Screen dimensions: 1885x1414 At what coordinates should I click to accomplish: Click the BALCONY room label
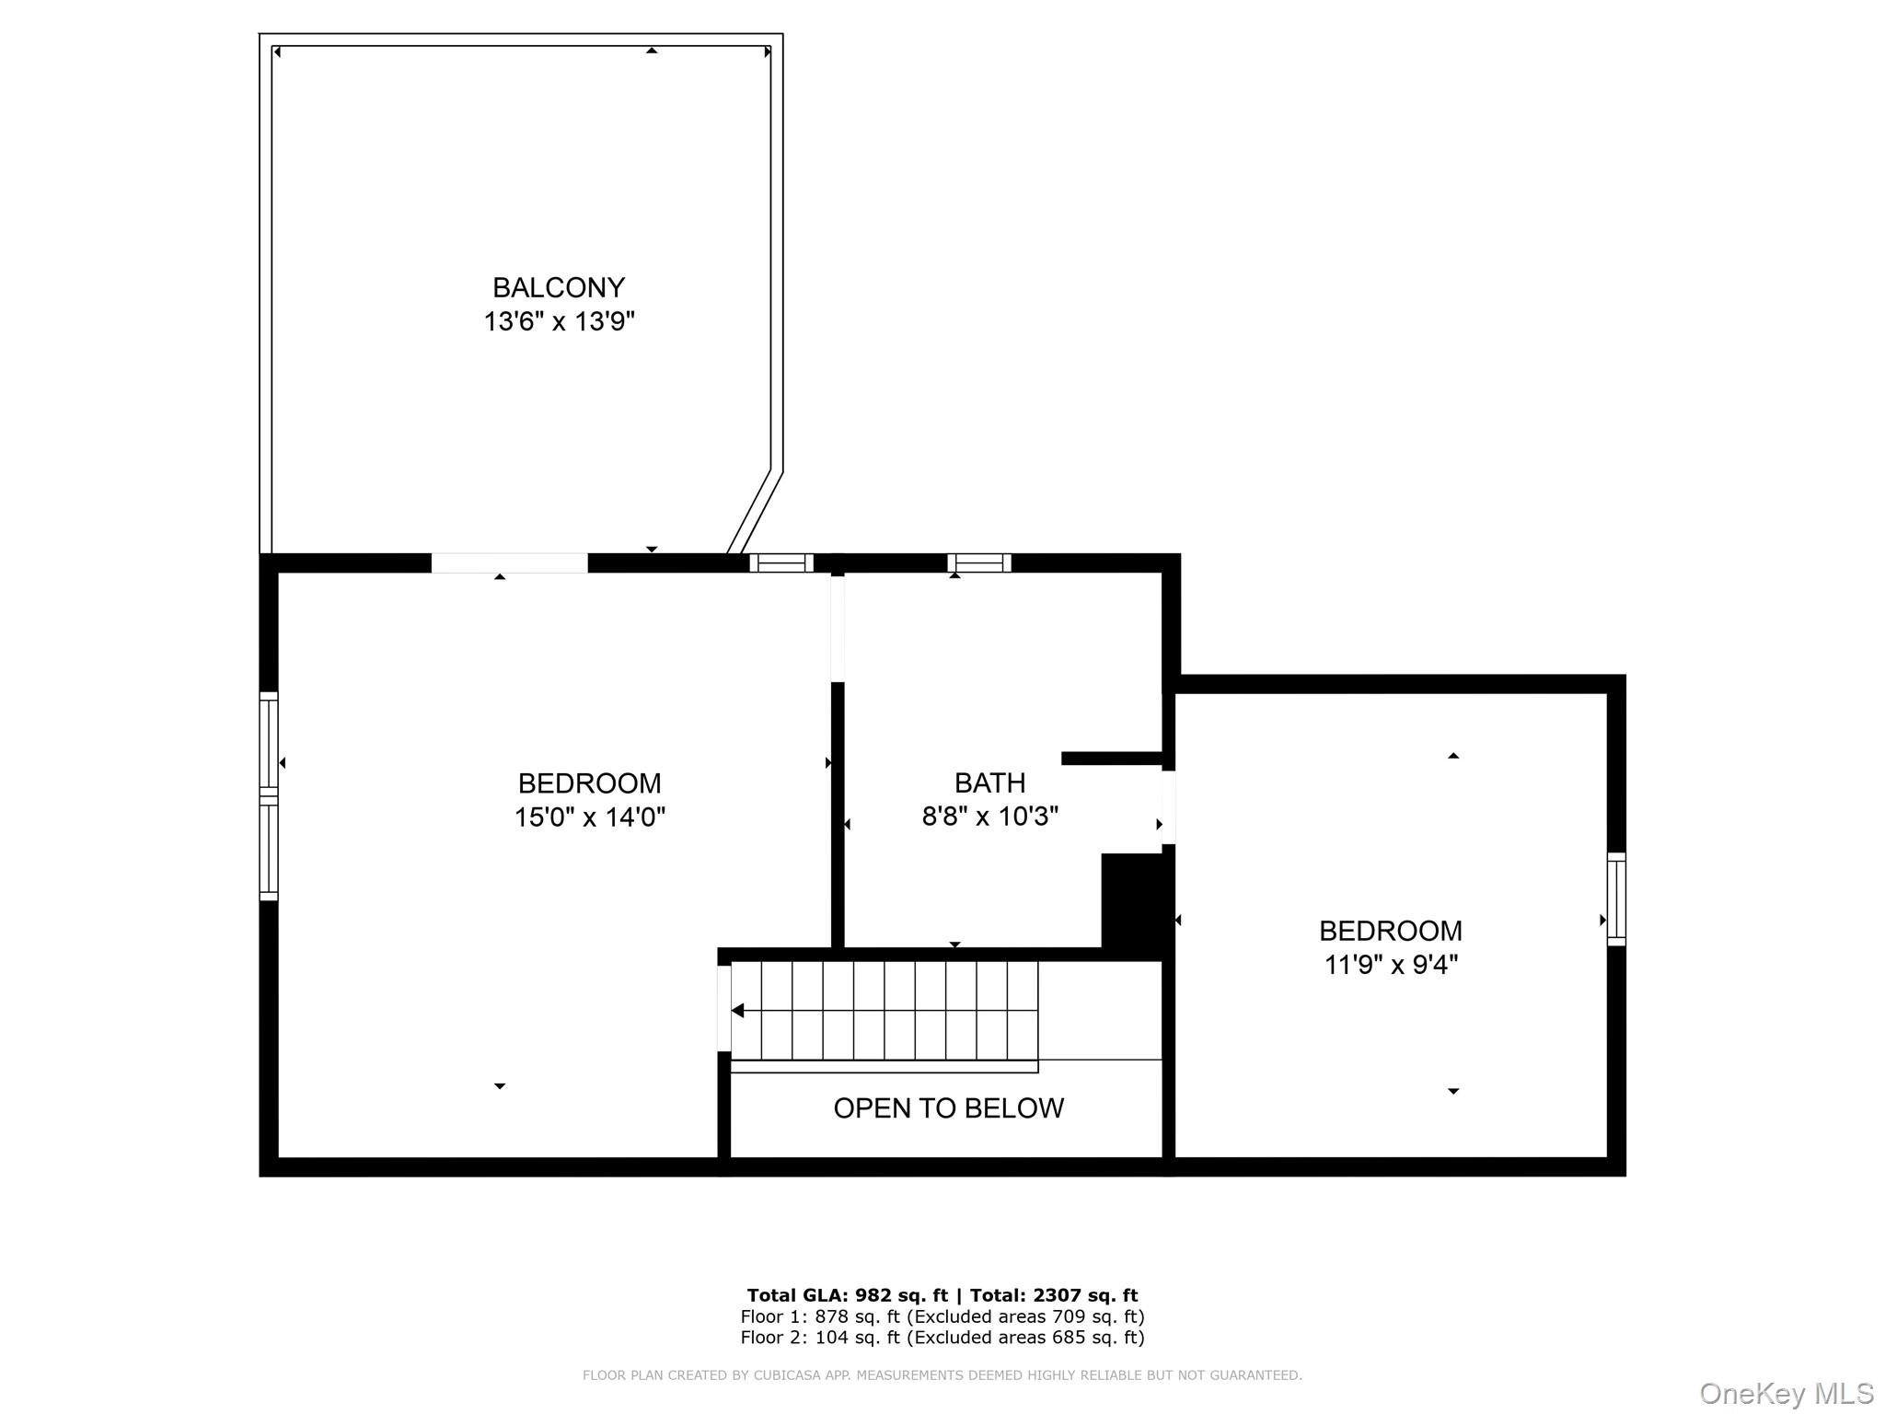(559, 288)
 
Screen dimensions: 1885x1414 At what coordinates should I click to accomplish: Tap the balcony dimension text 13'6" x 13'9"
(560, 322)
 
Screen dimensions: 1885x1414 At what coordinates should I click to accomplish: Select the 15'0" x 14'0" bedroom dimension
(589, 817)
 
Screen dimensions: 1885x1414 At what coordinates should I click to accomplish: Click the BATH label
(989, 782)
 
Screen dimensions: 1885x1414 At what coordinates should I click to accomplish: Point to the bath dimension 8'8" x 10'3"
(990, 816)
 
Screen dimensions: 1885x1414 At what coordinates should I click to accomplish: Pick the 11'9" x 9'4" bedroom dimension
(1391, 965)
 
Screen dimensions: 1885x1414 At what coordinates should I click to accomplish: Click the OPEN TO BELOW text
(948, 1108)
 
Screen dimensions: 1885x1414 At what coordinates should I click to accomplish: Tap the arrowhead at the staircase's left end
(737, 1011)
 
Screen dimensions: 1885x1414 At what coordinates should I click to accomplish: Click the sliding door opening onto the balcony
(509, 563)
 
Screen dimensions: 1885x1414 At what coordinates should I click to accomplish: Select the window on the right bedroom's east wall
(1616, 899)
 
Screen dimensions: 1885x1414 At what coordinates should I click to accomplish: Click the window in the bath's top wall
(979, 562)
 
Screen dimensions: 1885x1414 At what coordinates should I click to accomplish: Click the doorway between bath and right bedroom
(1169, 807)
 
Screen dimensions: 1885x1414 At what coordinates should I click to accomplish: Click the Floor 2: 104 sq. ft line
(942, 1338)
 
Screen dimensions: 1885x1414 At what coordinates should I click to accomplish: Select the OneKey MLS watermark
(1787, 1394)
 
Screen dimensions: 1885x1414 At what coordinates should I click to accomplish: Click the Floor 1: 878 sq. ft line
(942, 1316)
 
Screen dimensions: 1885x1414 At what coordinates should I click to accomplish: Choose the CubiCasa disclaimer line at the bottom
(942, 1375)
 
